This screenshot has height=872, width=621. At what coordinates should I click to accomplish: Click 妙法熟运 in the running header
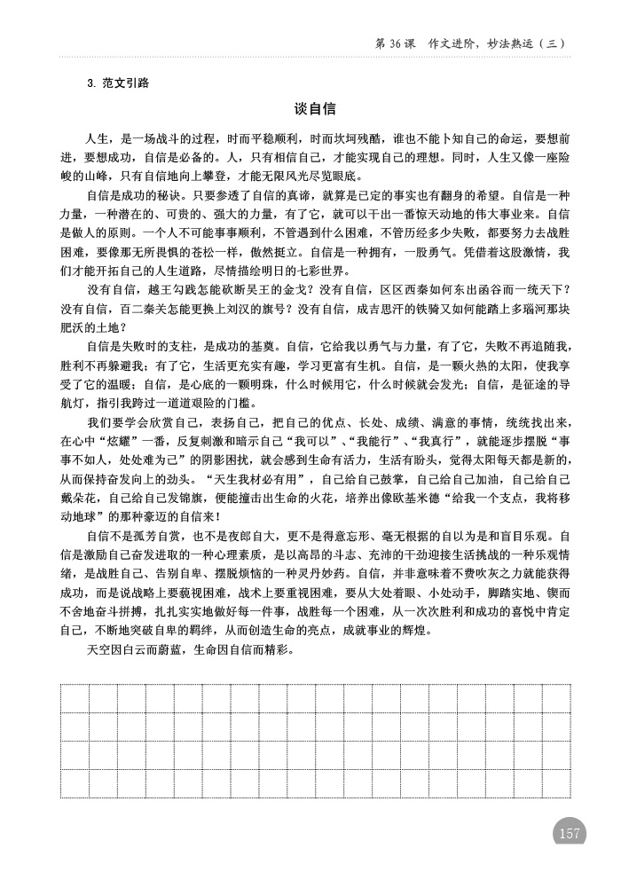[x=517, y=43]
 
